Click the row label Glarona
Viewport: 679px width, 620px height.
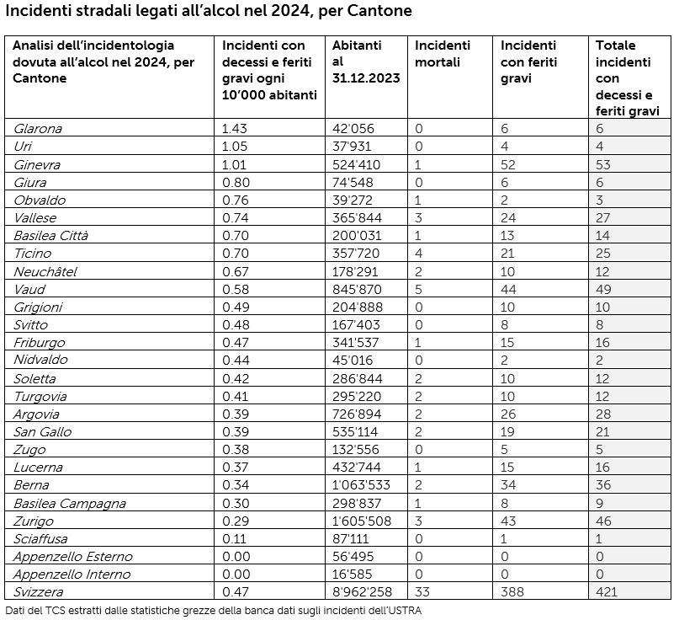38,129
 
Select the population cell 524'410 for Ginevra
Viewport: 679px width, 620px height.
353,164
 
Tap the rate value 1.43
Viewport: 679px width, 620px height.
236,129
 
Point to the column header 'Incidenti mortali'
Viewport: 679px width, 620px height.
443,53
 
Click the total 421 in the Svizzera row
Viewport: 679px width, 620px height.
607,592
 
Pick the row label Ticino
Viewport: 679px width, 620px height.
33,254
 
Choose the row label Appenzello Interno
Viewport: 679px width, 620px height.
72,575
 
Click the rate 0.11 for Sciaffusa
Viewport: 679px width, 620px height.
234,539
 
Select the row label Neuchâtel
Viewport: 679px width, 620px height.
45,271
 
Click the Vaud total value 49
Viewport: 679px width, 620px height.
603,289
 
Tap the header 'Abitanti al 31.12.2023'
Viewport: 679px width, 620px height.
365,61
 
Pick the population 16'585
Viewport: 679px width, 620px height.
353,575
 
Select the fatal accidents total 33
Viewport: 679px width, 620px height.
422,592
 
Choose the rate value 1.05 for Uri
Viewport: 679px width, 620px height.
236,147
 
